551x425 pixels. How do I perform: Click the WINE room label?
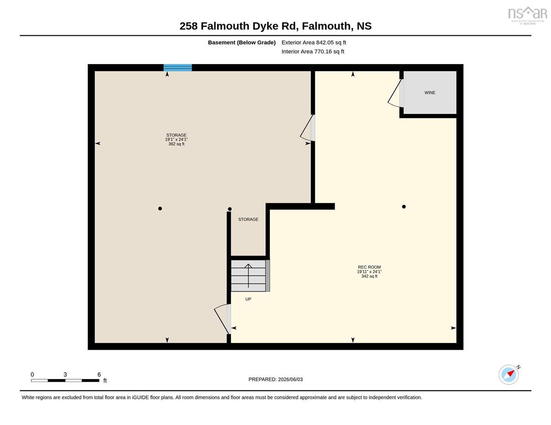tap(430, 93)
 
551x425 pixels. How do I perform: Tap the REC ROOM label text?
tap(369, 267)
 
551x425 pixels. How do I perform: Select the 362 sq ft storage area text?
tap(176, 144)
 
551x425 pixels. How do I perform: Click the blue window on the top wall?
tap(178, 67)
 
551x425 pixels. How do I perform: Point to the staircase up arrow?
tap(248, 276)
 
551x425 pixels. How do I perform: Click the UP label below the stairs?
tap(248, 299)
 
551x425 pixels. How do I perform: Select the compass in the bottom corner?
tap(509, 375)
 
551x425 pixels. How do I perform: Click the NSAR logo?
tap(528, 15)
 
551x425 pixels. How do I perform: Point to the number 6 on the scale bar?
tap(99, 375)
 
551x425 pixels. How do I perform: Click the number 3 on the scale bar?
tap(65, 375)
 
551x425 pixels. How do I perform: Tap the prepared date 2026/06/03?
tap(290, 380)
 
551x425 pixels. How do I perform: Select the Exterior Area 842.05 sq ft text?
tap(314, 43)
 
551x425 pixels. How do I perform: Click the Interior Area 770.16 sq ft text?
tap(313, 52)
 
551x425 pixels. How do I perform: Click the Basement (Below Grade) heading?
tap(242, 43)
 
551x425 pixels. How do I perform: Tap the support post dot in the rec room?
tap(404, 207)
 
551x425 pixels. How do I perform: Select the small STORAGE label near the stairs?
tap(248, 220)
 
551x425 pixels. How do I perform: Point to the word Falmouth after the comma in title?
tap(326, 26)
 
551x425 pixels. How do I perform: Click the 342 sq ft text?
tap(369, 276)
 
